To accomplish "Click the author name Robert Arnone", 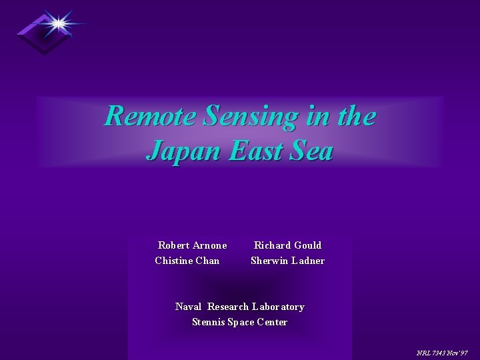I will click(x=192, y=245).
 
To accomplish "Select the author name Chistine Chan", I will click(x=187, y=261).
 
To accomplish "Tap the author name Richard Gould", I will click(x=287, y=245).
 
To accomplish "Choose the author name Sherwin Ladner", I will click(x=287, y=261).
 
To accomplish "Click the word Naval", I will click(x=188, y=307).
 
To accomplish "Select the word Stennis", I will click(x=208, y=322).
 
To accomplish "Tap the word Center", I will click(x=271, y=322).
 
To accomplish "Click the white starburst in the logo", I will click(x=59, y=24).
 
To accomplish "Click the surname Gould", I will click(x=306, y=245).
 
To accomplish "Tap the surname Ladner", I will click(x=307, y=261).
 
